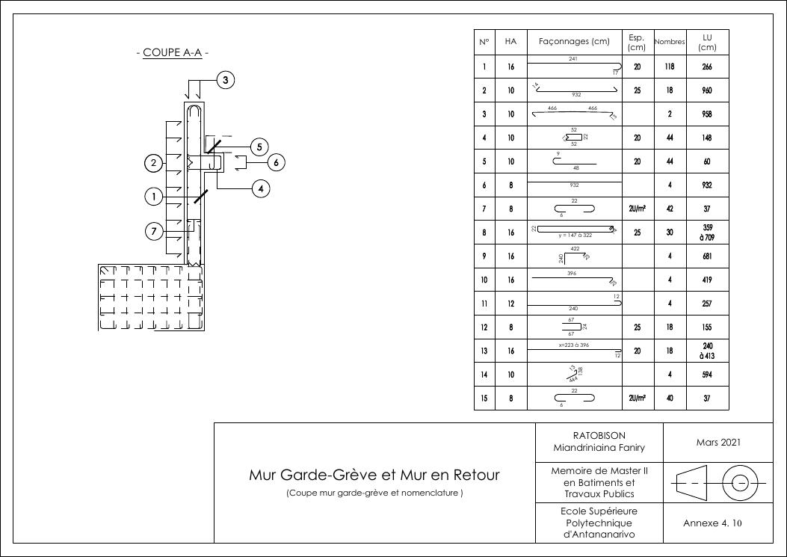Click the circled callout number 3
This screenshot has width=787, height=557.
(x=226, y=80)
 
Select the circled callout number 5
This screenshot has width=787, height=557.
(x=259, y=147)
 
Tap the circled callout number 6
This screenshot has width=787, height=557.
(x=275, y=161)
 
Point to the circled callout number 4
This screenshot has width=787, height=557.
(x=260, y=188)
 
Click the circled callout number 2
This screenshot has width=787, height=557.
(x=154, y=162)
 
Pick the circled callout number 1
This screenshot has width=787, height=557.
(x=154, y=197)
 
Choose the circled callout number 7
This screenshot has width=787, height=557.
(x=154, y=231)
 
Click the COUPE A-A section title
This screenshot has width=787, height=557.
(x=173, y=53)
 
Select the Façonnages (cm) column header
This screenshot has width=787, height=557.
(x=574, y=42)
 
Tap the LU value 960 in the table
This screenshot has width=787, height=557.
(x=706, y=90)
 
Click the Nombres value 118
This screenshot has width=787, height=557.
(x=669, y=67)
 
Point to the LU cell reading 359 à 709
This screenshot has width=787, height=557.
(x=707, y=233)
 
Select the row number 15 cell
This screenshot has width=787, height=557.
(x=484, y=398)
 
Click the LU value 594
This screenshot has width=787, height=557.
(x=706, y=375)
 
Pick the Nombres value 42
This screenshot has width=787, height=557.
(x=669, y=209)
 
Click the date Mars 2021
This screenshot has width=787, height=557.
(x=717, y=442)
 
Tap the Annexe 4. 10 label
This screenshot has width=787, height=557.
(x=712, y=523)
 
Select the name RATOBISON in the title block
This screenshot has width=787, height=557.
(x=599, y=435)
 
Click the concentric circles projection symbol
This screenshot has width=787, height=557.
(x=740, y=483)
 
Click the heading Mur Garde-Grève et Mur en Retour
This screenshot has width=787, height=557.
(x=374, y=475)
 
